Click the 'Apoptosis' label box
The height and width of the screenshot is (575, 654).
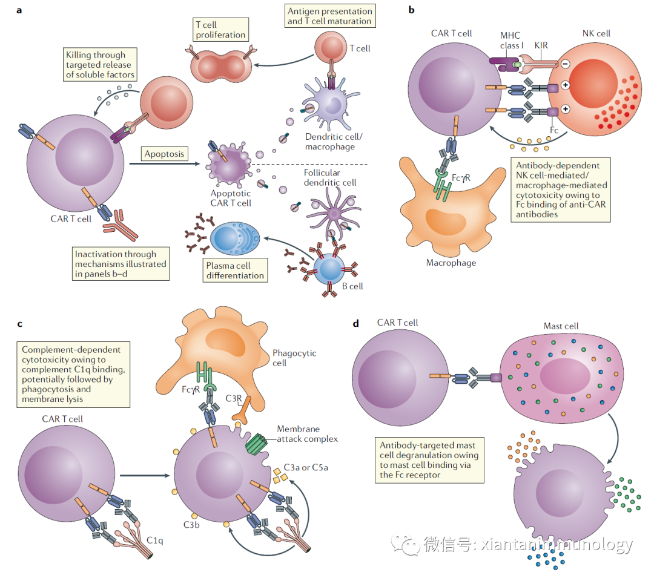163,154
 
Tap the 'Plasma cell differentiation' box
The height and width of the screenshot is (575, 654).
236,271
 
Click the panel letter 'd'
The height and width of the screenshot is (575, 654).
355,324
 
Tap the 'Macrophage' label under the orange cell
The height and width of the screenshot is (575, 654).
451,263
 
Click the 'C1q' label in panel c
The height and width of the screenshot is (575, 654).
155,539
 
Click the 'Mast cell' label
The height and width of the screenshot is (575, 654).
561,326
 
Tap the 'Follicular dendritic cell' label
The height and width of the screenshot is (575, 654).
330,177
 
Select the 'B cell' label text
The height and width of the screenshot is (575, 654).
351,286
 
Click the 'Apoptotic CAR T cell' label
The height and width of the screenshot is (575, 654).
231,198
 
